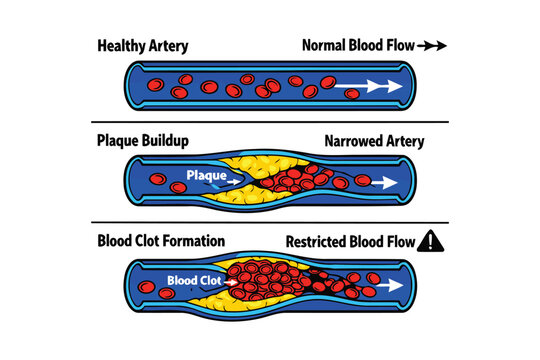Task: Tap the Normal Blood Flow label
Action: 357,46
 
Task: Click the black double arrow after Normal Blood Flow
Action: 432,46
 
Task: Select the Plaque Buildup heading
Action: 143,142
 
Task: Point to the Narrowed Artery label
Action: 374,142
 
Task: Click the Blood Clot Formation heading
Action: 161,241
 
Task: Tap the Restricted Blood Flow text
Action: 350,241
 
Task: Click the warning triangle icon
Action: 433,240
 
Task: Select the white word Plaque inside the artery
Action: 206,176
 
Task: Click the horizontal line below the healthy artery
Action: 269,122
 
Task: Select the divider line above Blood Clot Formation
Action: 269,222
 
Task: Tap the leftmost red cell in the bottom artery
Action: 147,289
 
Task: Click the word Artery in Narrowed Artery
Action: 401,142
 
